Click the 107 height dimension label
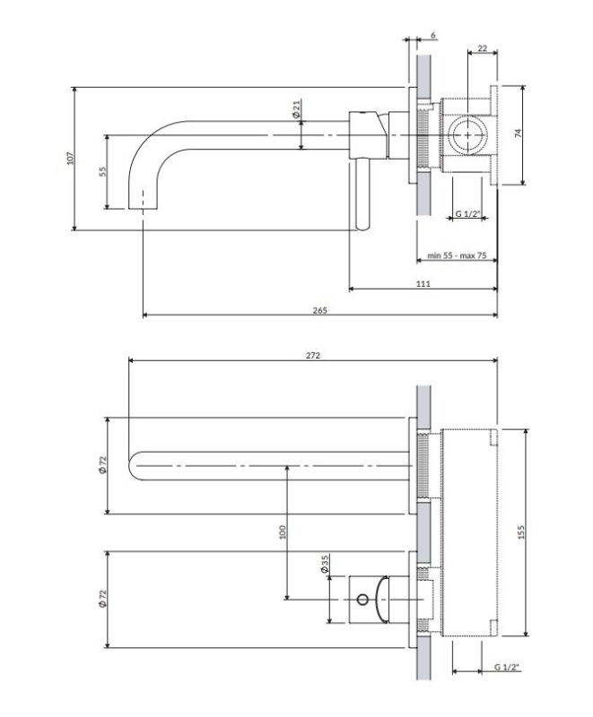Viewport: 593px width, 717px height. tap(70, 159)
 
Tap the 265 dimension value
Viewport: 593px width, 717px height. tap(320, 310)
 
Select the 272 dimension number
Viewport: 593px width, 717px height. tap(313, 355)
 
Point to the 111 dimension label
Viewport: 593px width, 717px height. tap(423, 284)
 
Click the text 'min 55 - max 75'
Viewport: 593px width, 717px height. tap(457, 255)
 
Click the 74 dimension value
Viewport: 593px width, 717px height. tap(518, 133)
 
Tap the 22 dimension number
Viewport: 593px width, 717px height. tap(483, 48)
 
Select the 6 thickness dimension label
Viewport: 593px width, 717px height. tap(433, 35)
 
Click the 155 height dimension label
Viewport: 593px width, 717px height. tap(521, 531)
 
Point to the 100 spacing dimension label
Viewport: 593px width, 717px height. tap(283, 531)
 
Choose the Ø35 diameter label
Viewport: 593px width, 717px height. tap(325, 565)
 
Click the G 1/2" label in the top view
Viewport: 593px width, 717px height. tap(467, 213)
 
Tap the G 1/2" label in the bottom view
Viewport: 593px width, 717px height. tap(507, 667)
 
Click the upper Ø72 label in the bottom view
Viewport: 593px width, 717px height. tap(102, 465)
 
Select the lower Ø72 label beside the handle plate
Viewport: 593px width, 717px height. tap(102, 599)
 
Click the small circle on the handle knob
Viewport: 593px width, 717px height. tap(362, 599)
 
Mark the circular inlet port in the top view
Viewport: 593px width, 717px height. tap(467, 135)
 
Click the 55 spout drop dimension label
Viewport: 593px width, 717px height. tap(102, 171)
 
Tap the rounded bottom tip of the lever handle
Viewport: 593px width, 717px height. tap(362, 228)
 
